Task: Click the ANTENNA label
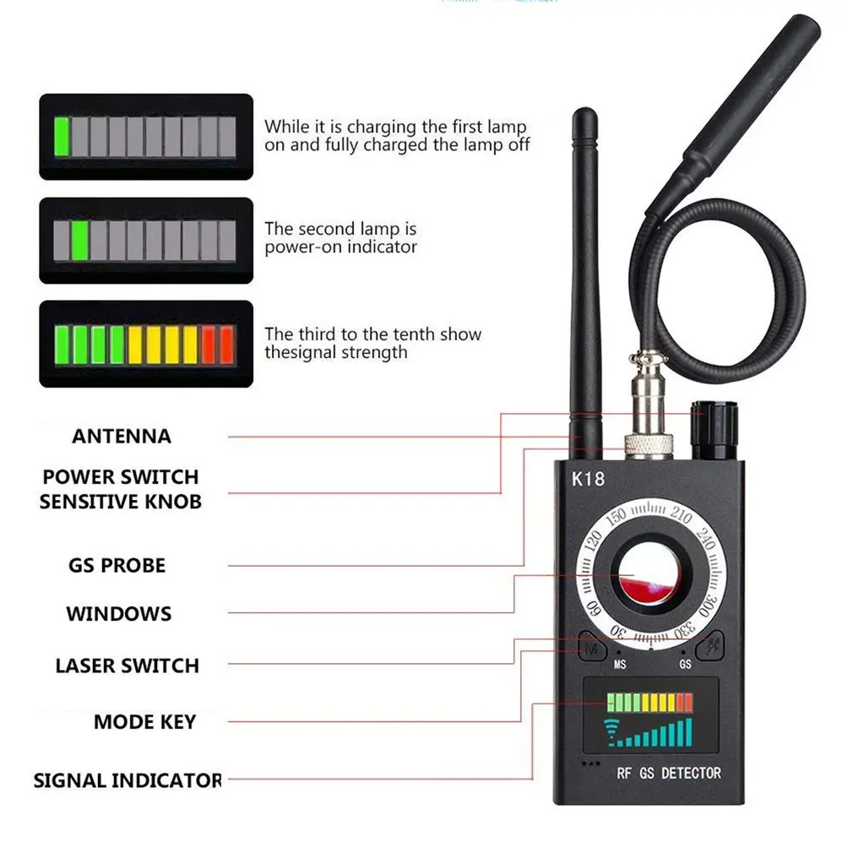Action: (x=121, y=437)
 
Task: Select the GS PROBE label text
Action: (x=117, y=565)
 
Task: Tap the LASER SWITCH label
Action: (x=127, y=666)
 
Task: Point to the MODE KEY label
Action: (x=144, y=722)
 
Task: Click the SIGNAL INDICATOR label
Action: (x=127, y=780)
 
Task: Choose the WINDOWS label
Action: (x=118, y=614)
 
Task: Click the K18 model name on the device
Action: (x=588, y=479)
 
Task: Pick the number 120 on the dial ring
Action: (x=594, y=541)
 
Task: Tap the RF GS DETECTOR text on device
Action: (x=668, y=773)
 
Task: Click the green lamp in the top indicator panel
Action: (x=61, y=137)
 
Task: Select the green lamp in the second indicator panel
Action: (x=79, y=241)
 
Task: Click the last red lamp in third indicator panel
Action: (x=226, y=344)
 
